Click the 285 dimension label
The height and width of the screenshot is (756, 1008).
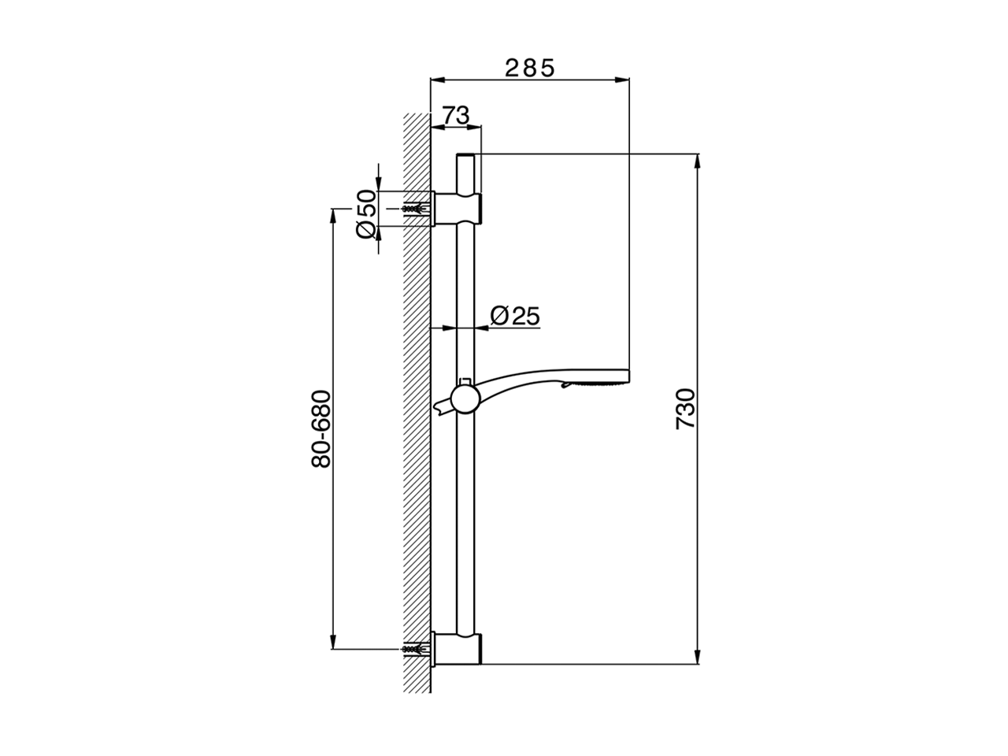(529, 68)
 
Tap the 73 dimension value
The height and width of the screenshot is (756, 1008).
(456, 115)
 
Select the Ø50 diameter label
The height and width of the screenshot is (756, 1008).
(366, 214)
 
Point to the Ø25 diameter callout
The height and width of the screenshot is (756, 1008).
(515, 316)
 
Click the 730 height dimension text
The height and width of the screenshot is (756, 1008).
(686, 409)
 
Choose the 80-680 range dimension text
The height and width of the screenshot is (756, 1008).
(321, 429)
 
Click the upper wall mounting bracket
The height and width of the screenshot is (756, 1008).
(457, 209)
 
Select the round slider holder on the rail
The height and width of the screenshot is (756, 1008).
(465, 399)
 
